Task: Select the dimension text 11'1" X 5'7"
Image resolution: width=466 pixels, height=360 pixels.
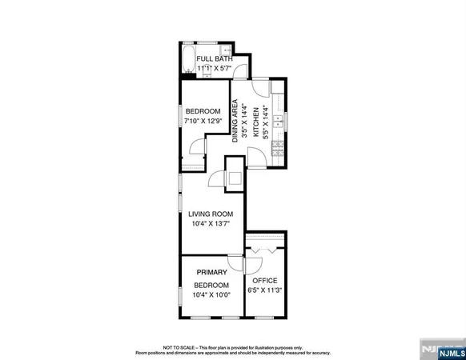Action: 214,70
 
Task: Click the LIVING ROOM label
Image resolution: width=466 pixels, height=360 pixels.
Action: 210,214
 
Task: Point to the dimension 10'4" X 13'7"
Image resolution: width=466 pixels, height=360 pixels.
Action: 210,224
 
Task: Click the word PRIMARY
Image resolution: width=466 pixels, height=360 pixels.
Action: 211,272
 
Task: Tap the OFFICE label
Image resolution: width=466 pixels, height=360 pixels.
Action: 264,281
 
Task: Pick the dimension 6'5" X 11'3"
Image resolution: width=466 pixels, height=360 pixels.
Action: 264,291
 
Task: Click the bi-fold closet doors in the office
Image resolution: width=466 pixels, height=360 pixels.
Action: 264,250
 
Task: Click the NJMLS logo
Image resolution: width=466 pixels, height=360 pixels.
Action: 442,350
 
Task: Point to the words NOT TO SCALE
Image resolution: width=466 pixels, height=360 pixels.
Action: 179,347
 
